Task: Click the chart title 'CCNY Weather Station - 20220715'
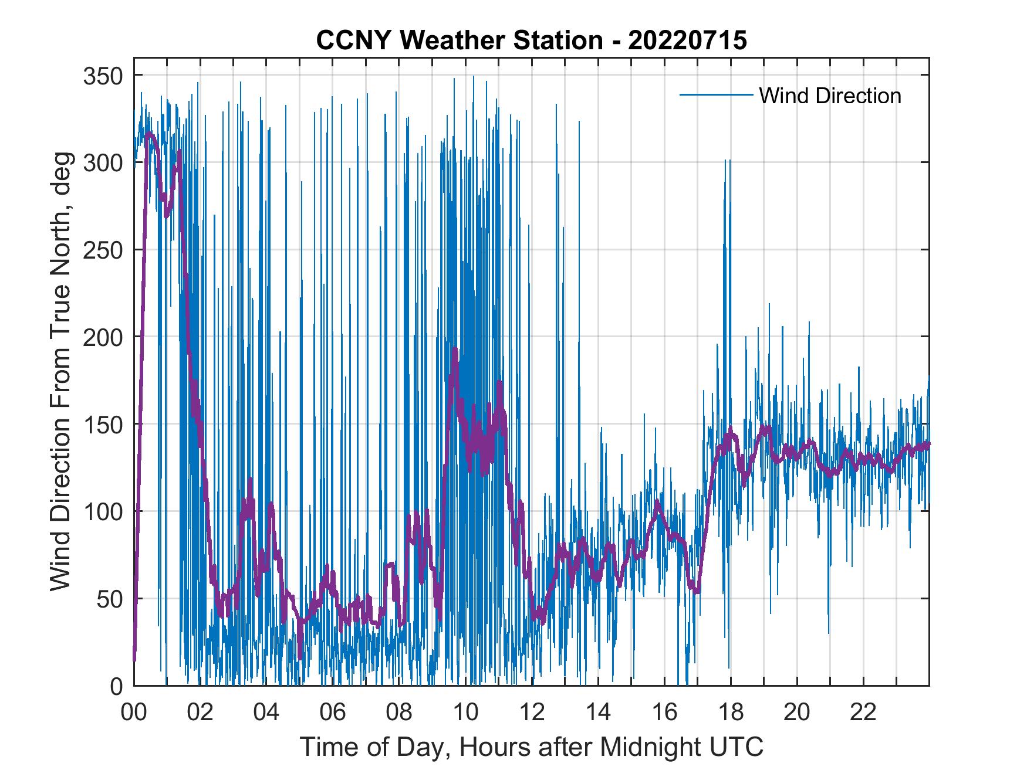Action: pyautogui.click(x=531, y=41)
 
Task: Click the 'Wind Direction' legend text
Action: pyautogui.click(x=830, y=96)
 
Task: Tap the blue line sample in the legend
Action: pyautogui.click(x=715, y=95)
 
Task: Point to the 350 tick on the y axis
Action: pyautogui.click(x=103, y=76)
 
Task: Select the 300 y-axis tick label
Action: pyautogui.click(x=103, y=163)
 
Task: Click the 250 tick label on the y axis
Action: pyautogui.click(x=103, y=250)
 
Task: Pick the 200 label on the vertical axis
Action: pyautogui.click(x=103, y=337)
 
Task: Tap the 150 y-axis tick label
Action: pyautogui.click(x=103, y=424)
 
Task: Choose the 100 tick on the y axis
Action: pyautogui.click(x=103, y=511)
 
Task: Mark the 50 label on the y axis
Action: pyautogui.click(x=110, y=599)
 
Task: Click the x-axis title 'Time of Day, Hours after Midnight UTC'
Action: pyautogui.click(x=532, y=747)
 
